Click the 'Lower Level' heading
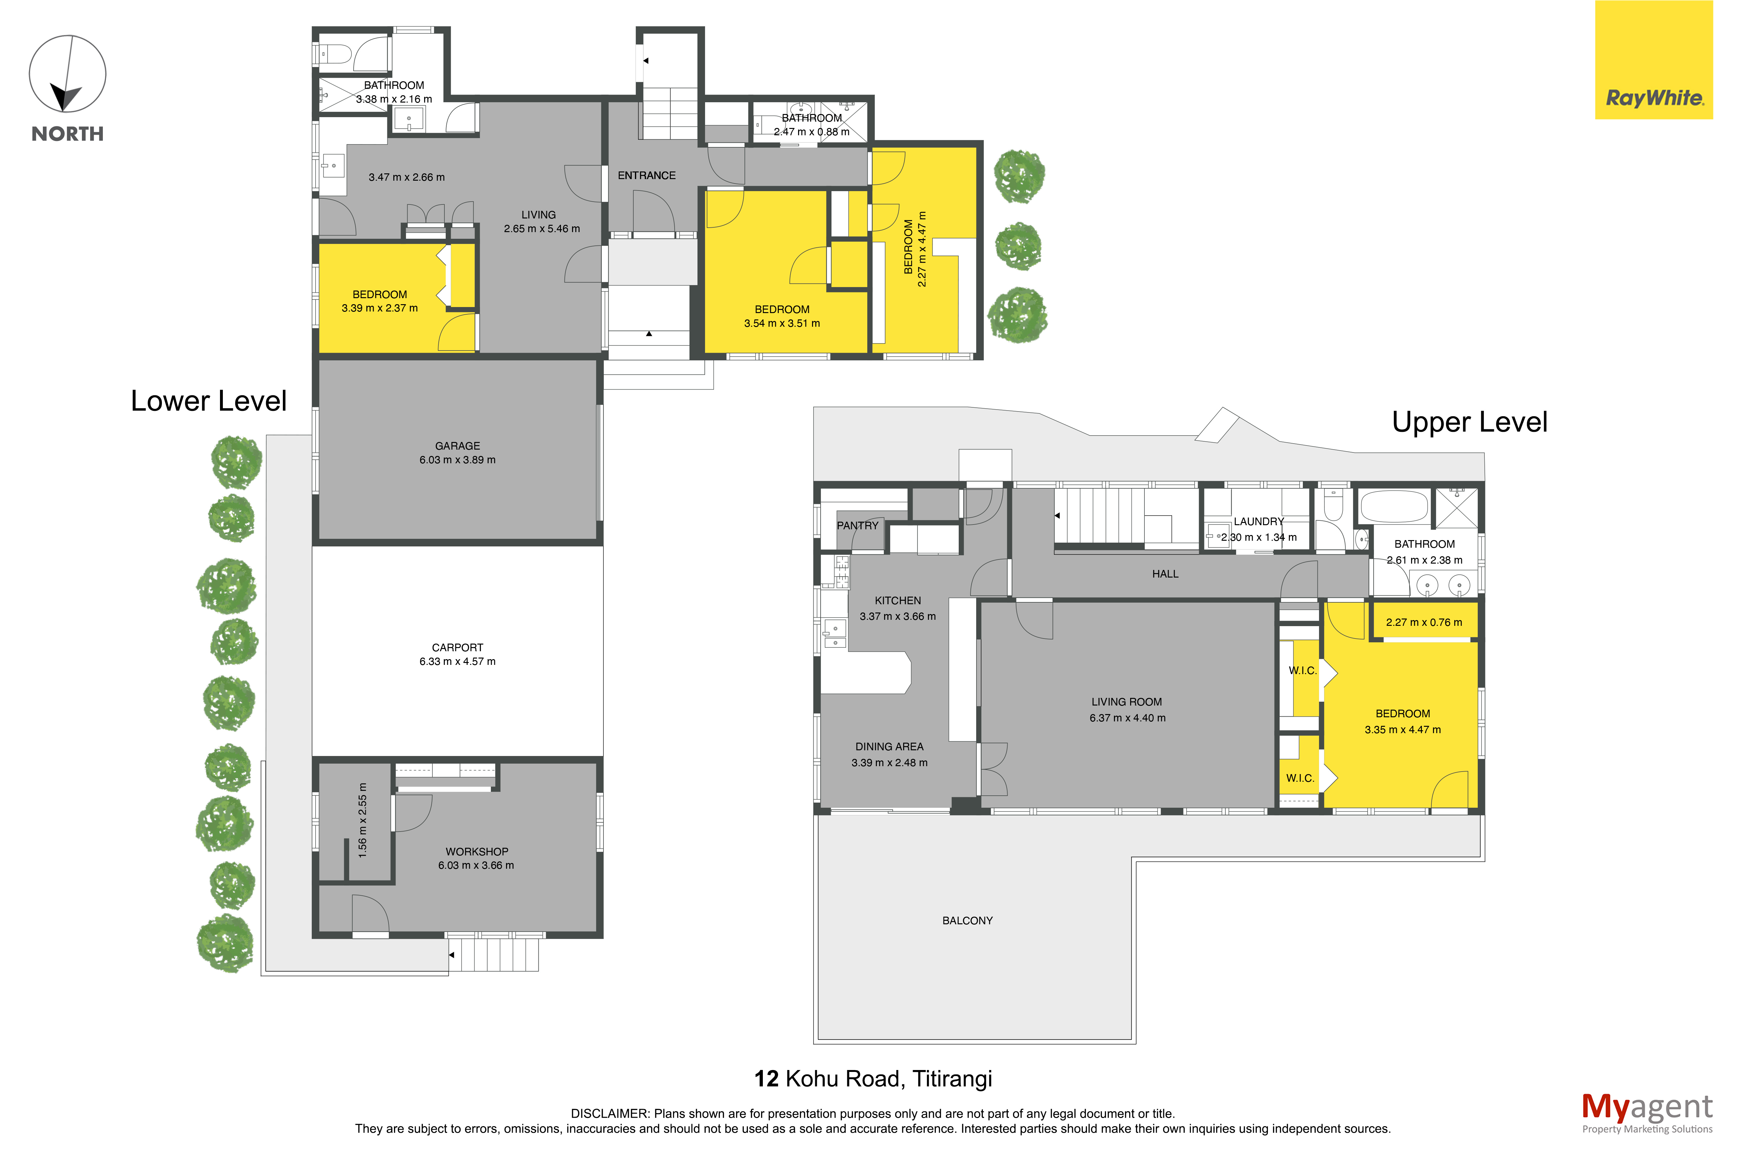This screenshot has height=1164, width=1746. point(209,401)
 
